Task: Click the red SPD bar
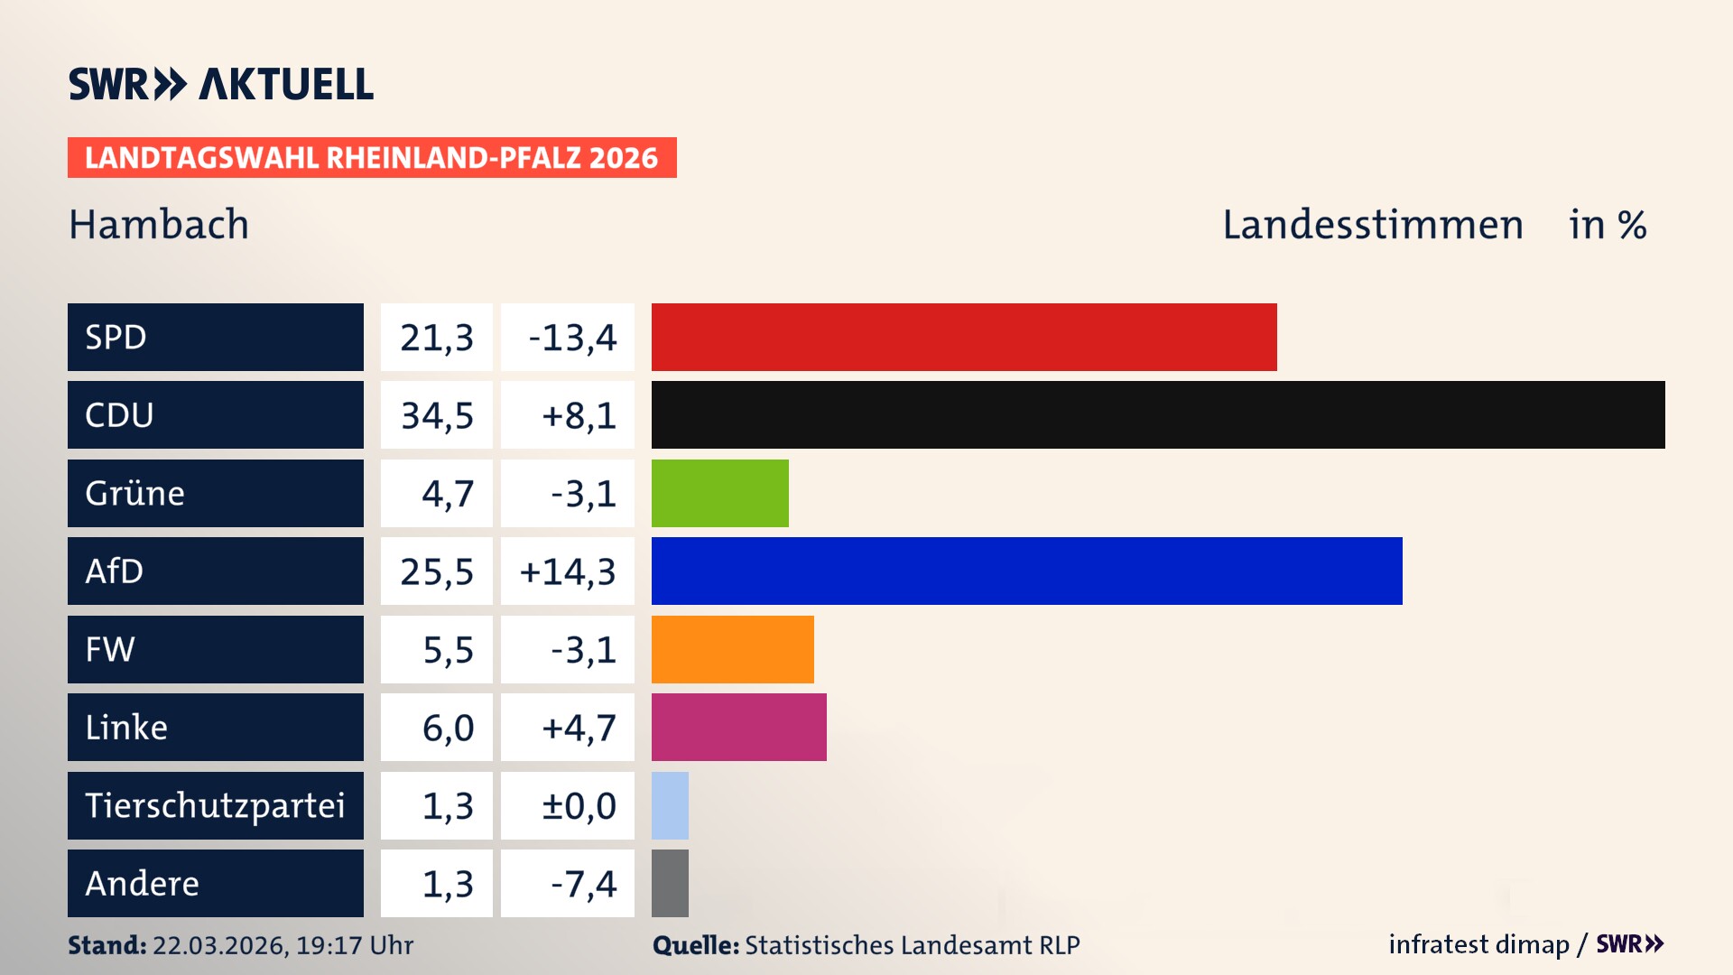[964, 337]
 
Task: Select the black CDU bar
[1158, 415]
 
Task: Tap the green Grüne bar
[719, 493]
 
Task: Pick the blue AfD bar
[1026, 571]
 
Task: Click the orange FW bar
[732, 649]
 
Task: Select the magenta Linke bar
[738, 727]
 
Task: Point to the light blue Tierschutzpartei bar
[670, 805]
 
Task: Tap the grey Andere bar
[670, 883]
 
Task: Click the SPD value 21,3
[437, 338]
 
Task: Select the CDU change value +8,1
[578, 415]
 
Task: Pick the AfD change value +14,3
[568, 571]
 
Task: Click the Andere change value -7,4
[583, 884]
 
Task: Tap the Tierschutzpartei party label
[215, 805]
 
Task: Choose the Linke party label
[126, 728]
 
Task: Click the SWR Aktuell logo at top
[221, 84]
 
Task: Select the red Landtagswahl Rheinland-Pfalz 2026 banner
[372, 158]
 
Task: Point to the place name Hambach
[159, 225]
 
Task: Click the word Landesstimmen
[1372, 225]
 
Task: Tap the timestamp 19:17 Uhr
[354, 945]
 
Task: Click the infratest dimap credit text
[1478, 944]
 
